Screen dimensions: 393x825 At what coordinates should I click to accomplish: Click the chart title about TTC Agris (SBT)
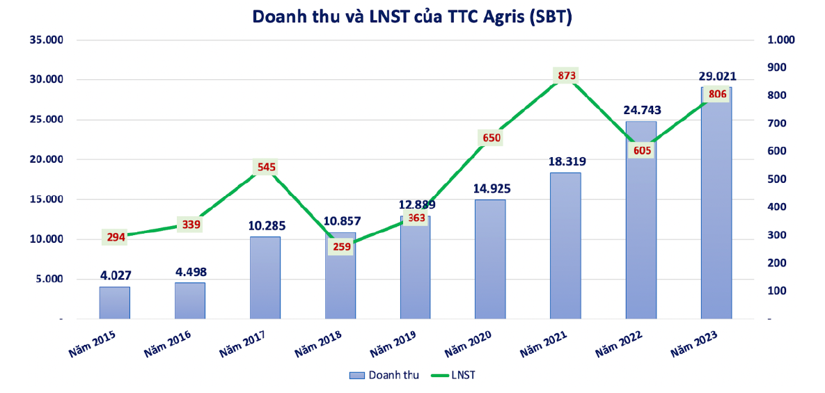coord(412,17)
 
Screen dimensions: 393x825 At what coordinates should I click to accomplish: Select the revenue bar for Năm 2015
coord(114,303)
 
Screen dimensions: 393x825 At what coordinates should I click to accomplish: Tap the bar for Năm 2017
coord(265,278)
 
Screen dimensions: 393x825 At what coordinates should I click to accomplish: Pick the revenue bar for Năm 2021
coord(565,247)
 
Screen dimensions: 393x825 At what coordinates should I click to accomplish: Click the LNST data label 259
coord(340,246)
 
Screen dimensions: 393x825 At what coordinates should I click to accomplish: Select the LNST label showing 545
coord(265,167)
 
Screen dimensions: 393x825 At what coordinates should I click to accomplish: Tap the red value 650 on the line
coord(490,138)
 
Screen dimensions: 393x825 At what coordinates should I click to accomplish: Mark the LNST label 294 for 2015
coord(116,237)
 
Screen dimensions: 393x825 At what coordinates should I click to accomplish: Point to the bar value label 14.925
coord(490,188)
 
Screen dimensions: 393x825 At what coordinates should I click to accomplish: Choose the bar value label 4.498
coord(190,271)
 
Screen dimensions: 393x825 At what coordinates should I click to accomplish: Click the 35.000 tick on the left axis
coord(47,40)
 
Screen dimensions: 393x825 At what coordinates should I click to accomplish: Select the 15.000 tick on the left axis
coord(47,200)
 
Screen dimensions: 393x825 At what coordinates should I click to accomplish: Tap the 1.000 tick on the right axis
coord(780,40)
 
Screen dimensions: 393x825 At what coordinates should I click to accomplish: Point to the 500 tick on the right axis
coord(776,179)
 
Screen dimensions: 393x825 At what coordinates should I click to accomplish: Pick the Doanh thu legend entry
coord(385,375)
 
